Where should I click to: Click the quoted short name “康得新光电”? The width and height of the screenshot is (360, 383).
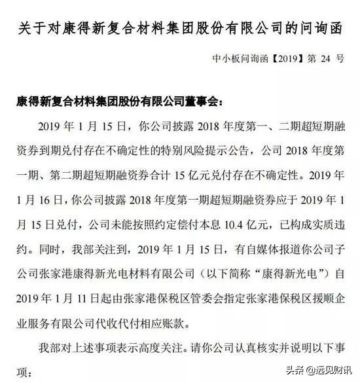pyautogui.click(x=282, y=270)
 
